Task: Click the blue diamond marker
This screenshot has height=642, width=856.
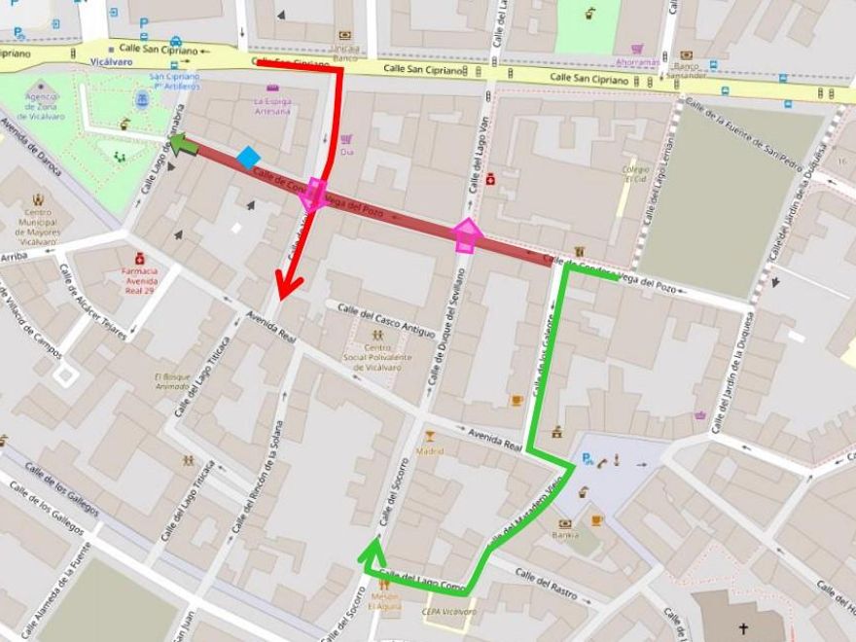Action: pyautogui.click(x=249, y=157)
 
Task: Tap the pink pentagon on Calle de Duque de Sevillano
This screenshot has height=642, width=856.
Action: pyautogui.click(x=467, y=234)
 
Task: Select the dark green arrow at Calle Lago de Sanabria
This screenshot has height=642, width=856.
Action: pyautogui.click(x=183, y=145)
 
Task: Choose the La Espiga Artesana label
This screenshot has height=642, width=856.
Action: pyautogui.click(x=271, y=105)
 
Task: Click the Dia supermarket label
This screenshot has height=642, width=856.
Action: pyautogui.click(x=347, y=151)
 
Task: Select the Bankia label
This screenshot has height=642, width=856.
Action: pyautogui.click(x=564, y=534)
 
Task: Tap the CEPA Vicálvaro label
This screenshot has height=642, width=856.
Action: pyautogui.click(x=449, y=612)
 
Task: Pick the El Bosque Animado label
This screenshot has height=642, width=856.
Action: pyautogui.click(x=172, y=381)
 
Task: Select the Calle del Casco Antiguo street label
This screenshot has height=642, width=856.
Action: pyautogui.click(x=386, y=319)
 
